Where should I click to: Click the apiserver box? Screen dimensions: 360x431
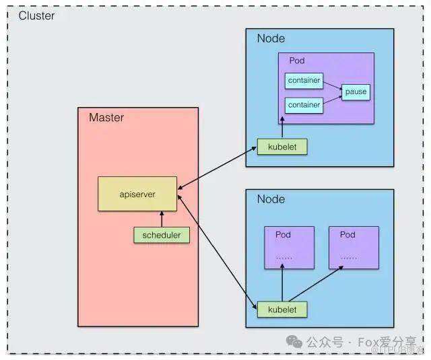(x=137, y=194)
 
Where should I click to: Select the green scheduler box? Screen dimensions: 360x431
(x=161, y=236)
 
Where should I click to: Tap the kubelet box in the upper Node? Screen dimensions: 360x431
(x=281, y=146)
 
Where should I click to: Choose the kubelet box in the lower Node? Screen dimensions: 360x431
(x=281, y=310)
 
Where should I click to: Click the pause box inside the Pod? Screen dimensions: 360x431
(x=356, y=91)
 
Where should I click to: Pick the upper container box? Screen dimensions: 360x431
(x=304, y=80)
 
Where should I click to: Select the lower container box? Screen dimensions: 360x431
(x=304, y=105)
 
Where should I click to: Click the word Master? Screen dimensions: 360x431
(x=106, y=118)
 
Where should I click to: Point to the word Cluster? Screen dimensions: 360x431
(x=36, y=15)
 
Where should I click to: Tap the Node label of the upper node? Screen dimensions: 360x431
(x=271, y=38)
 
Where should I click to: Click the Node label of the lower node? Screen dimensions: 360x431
(x=271, y=199)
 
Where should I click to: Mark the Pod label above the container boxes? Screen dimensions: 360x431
(x=296, y=61)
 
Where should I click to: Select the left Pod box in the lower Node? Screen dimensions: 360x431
(x=289, y=248)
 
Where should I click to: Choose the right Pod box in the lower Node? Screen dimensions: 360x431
(x=354, y=248)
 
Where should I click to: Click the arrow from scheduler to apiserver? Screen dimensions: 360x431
(x=161, y=219)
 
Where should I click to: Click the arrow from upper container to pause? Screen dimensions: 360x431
(x=332, y=84)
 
